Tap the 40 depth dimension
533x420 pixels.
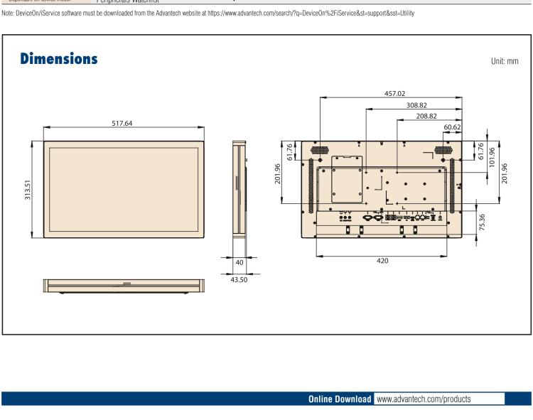click(239, 262)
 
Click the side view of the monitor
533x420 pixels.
click(239, 188)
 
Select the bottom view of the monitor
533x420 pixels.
click(124, 286)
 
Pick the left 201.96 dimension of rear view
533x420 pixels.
click(278, 174)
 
